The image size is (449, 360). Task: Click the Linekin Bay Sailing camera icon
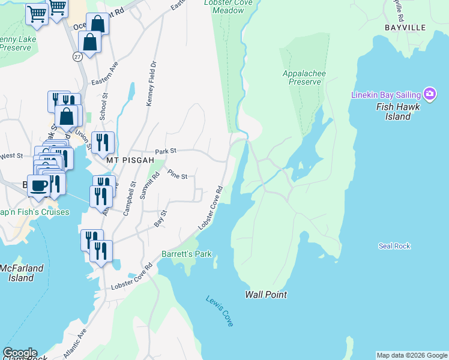[x=429, y=94]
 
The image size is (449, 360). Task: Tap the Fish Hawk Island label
[x=393, y=112]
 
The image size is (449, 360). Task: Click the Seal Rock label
[x=394, y=246]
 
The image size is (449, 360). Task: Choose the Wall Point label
[x=265, y=295]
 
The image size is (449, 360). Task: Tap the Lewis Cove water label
[x=219, y=310]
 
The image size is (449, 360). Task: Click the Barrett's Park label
[x=187, y=254]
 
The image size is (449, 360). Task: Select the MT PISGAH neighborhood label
[x=127, y=161]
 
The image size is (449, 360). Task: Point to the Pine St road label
[x=178, y=175]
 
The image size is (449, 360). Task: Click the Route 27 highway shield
[x=77, y=56]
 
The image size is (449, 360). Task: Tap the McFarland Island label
[x=17, y=273]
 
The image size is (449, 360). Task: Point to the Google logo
[x=19, y=353]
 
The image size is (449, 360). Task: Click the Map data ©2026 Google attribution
[x=412, y=355]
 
